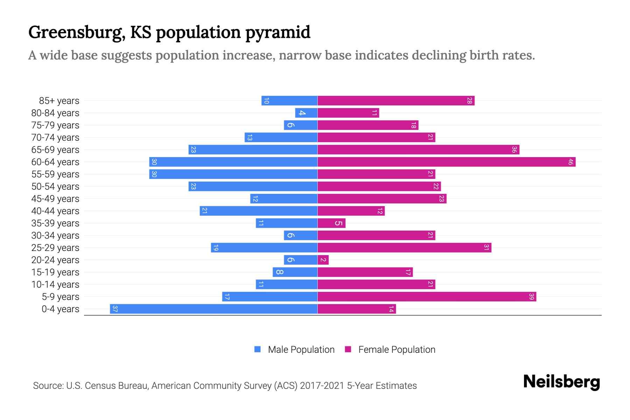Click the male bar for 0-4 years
(213, 309)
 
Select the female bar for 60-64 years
(446, 162)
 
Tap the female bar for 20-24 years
(323, 260)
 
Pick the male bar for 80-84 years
(306, 113)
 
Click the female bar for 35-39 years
(331, 223)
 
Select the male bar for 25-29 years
(264, 248)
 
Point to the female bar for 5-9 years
(427, 297)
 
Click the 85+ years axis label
(59, 101)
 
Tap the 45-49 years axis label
(55, 199)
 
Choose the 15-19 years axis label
(55, 272)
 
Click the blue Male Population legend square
(258, 349)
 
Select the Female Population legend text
(397, 350)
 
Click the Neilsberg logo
(561, 381)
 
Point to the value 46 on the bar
(570, 162)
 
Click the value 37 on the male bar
(115, 309)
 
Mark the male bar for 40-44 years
(259, 211)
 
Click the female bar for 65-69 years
(418, 150)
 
